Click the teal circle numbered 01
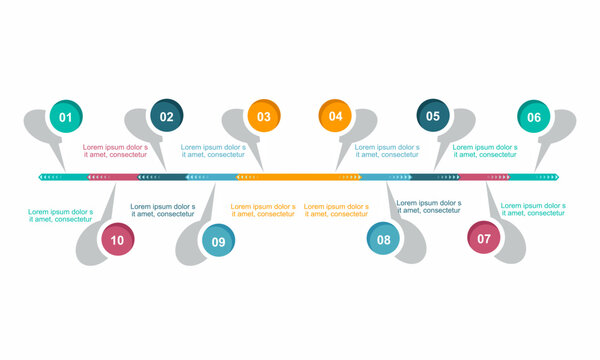(x=66, y=117)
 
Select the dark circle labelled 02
(x=166, y=116)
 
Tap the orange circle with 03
(x=263, y=116)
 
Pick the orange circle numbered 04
(x=335, y=116)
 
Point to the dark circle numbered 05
(x=432, y=116)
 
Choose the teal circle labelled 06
(x=533, y=117)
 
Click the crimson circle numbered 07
(x=484, y=238)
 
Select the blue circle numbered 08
(x=383, y=239)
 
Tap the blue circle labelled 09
(x=217, y=240)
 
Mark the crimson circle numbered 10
(x=118, y=239)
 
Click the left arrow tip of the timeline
(x=41, y=177)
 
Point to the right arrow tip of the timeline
(x=557, y=177)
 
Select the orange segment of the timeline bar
(x=300, y=177)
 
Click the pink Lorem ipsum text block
(x=115, y=151)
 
